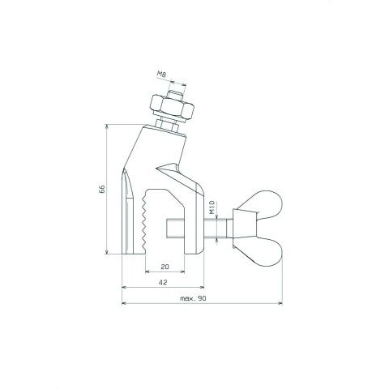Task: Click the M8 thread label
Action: point(161,75)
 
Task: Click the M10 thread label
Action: point(212,207)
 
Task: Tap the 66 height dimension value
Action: point(102,189)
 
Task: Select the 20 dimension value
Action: point(165,267)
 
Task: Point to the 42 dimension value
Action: point(163,283)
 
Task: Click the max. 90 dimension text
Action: point(193,298)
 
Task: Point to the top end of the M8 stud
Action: point(176,93)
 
